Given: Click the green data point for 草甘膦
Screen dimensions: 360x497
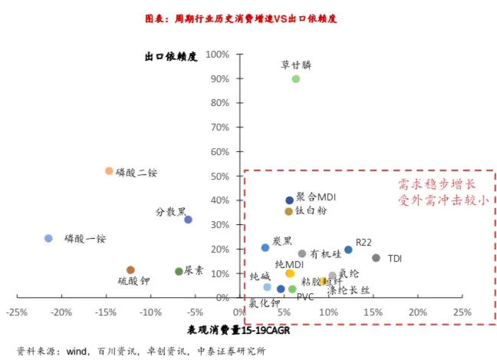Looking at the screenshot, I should click(295, 79).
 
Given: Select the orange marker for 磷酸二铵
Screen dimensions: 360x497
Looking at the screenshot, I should click(109, 171).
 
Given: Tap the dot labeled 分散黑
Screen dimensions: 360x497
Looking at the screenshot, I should click(188, 220).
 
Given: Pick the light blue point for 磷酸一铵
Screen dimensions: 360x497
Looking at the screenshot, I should click(48, 239).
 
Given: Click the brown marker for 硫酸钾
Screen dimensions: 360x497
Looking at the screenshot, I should click(130, 270).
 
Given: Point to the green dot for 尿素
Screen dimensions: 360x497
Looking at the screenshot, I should click(179, 272).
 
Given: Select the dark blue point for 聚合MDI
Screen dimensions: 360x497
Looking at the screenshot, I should click(290, 200).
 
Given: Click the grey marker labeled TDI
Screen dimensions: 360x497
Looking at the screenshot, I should click(376, 258).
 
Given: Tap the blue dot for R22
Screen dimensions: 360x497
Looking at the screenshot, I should click(348, 249).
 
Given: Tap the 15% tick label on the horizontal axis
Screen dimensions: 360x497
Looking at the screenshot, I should click(374, 312).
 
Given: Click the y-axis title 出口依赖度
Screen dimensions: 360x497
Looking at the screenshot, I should click(171, 57).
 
